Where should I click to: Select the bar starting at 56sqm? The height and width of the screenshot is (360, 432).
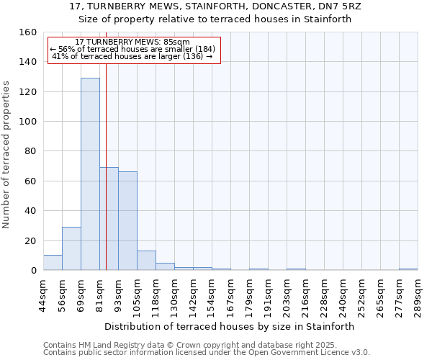71,248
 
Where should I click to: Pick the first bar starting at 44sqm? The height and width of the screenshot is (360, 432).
53,263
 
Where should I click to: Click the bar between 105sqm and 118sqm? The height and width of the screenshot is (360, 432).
146,261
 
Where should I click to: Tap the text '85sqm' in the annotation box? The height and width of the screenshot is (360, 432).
176,42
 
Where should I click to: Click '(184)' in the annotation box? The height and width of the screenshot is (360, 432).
201,50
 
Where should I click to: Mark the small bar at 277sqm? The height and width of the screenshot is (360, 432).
408,269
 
